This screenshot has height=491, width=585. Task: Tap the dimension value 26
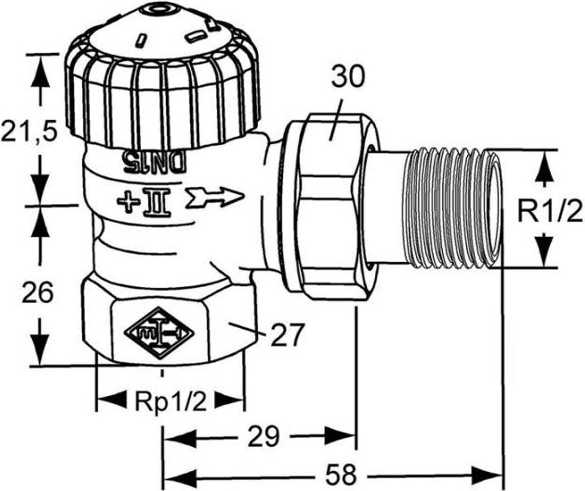(x=38, y=292)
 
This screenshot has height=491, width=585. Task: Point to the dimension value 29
(x=263, y=436)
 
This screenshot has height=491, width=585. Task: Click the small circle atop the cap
(x=161, y=8)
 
